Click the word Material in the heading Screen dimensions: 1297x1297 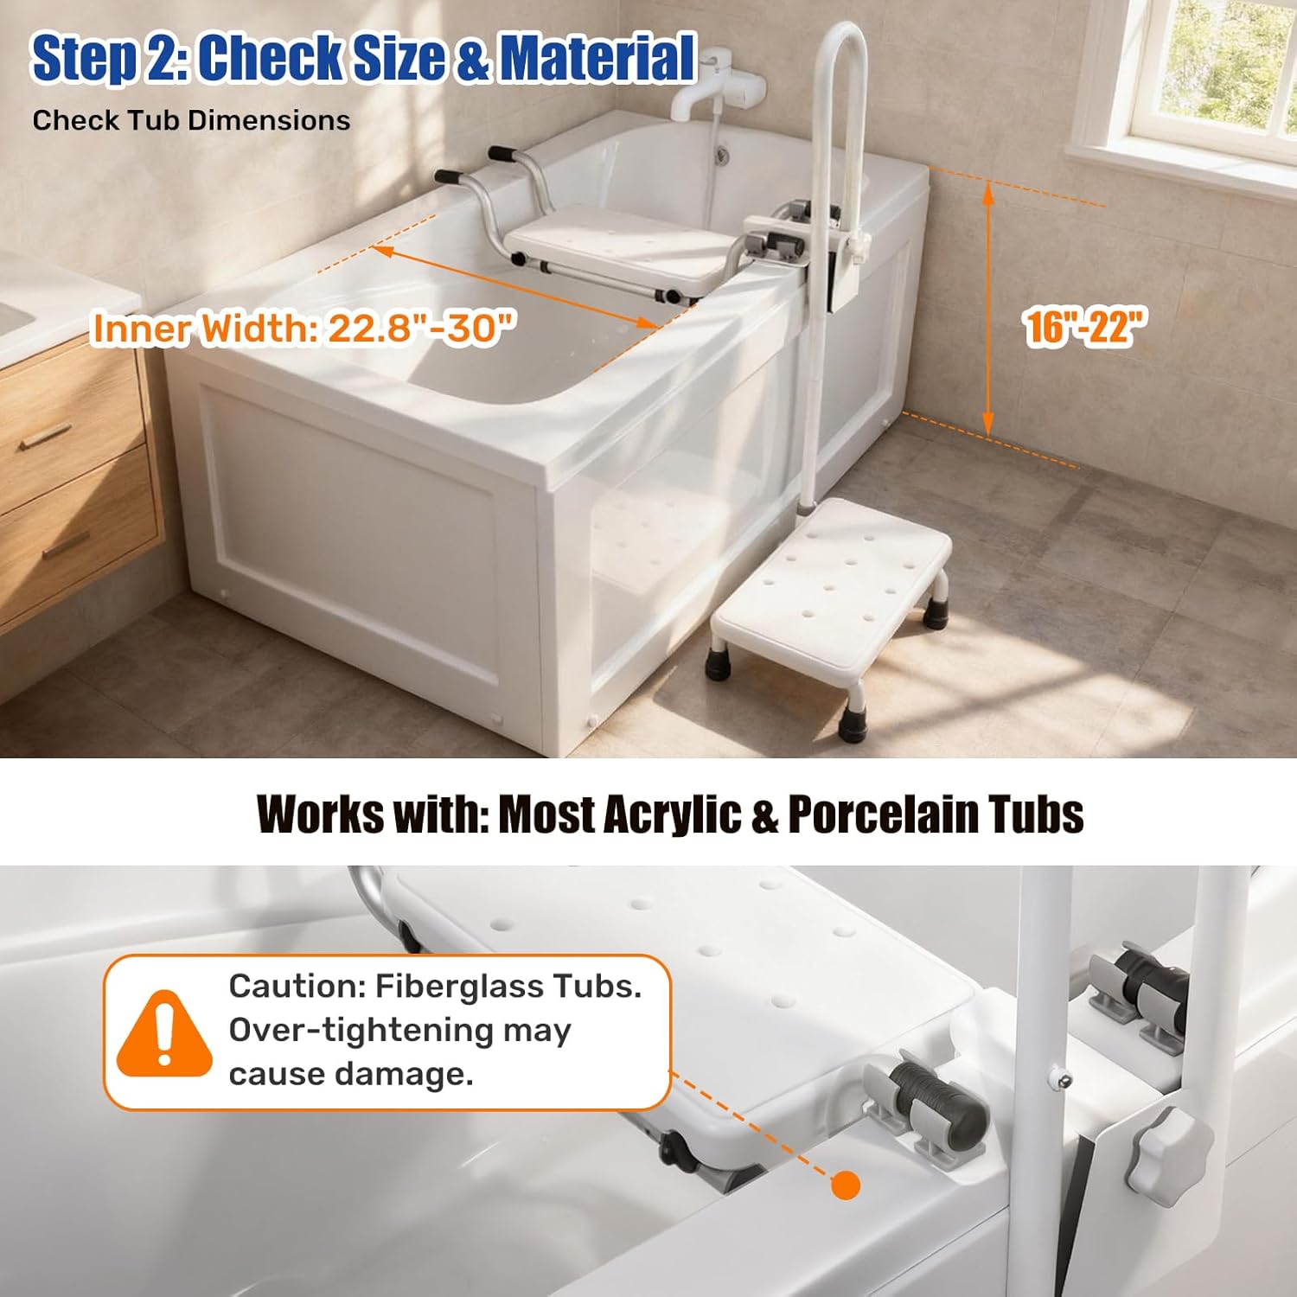(597, 58)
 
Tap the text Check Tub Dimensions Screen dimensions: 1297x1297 (191, 120)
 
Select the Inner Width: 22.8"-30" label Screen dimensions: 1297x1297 (303, 329)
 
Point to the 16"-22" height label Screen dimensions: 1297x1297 (1084, 327)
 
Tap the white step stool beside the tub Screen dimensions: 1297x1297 (830, 597)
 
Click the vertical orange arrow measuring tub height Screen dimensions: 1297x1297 (988, 310)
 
